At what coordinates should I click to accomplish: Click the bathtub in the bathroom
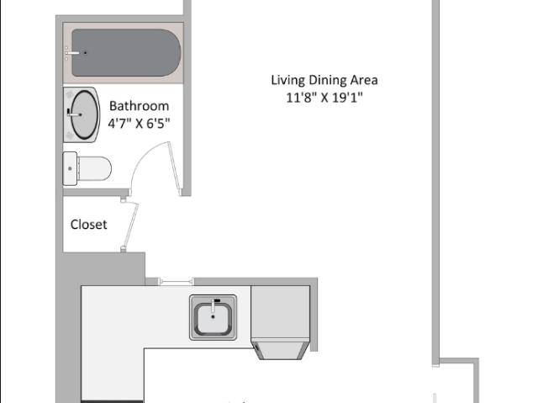coord(126,52)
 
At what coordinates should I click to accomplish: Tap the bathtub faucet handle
coord(72,53)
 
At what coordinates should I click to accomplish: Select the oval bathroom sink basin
coord(84,114)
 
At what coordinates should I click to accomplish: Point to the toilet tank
coord(70,168)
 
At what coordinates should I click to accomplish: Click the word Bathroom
coord(139,106)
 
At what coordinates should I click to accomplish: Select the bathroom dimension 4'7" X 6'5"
coord(139,123)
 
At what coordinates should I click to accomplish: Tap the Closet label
coord(88,225)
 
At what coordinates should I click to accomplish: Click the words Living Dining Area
coord(324,80)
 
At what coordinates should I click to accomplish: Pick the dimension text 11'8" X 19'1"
coord(324,98)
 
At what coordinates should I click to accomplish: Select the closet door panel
coord(131,225)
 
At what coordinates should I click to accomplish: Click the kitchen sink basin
coord(213,317)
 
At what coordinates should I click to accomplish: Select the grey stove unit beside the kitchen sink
coord(280,313)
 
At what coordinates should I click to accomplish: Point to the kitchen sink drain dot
coord(213,317)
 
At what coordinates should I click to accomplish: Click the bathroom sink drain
coord(81,114)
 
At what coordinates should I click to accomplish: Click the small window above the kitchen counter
coord(177,282)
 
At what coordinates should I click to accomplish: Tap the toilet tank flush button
coord(70,168)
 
